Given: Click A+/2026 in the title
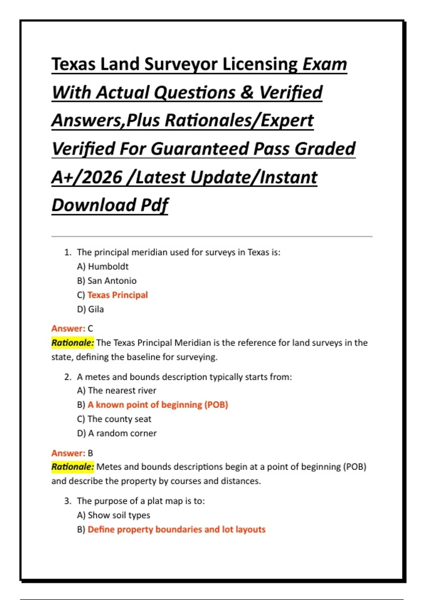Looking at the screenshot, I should (x=87, y=177).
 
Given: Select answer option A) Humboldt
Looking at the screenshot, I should (x=102, y=266).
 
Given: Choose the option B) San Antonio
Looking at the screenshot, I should (x=106, y=281).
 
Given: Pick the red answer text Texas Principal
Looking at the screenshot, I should (x=117, y=295).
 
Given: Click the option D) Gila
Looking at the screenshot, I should (x=90, y=309).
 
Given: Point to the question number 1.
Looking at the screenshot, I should (x=67, y=252).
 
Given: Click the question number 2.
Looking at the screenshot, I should (x=67, y=377).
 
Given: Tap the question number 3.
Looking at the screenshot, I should (x=67, y=501).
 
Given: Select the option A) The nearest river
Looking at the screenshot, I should (x=116, y=391).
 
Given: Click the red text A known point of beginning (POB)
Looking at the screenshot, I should (x=158, y=405).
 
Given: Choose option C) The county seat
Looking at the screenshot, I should (x=114, y=419).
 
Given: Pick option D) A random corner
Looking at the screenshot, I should (x=117, y=433).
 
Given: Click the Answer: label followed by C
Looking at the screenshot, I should (x=68, y=329).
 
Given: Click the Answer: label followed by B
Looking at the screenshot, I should (x=68, y=453).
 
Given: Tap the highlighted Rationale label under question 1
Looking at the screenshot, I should (x=72, y=343).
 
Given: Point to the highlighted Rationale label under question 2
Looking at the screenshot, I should (x=72, y=467).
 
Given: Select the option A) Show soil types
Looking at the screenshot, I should (x=113, y=515).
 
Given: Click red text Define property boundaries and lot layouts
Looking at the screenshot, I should (x=176, y=529).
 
